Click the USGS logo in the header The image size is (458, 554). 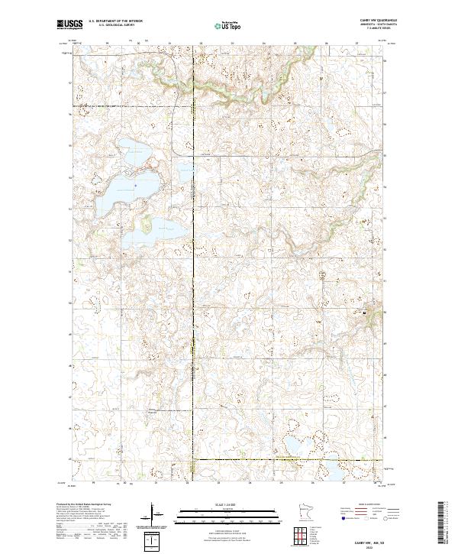click(69, 24)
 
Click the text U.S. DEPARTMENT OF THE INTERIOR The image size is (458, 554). click(114, 21)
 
